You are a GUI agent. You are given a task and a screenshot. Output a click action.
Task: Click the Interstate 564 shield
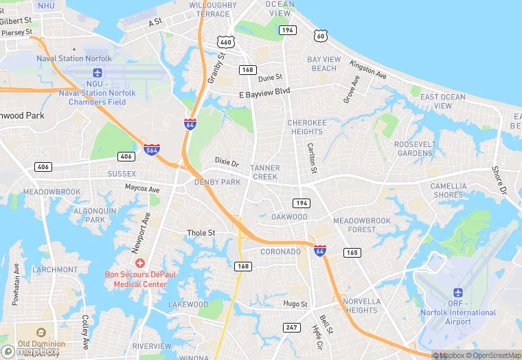[152, 150]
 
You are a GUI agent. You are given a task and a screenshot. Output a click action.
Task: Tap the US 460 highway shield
[227, 42]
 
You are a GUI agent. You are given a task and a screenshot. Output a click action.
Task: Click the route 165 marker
[352, 253]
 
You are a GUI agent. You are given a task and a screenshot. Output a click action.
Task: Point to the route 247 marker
[291, 327]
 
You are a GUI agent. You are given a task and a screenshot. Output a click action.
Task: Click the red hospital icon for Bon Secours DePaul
[140, 263]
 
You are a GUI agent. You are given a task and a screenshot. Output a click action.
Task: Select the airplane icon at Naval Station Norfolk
[97, 72]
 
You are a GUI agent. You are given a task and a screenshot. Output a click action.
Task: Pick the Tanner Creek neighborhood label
[264, 172]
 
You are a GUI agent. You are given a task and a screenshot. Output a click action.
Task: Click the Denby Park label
[218, 182]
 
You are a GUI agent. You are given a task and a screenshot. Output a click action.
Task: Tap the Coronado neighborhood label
[280, 251]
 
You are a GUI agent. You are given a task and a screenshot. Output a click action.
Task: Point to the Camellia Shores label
[449, 190]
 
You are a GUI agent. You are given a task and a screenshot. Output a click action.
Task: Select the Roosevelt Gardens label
[415, 148]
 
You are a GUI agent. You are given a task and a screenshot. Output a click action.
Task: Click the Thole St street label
[201, 233]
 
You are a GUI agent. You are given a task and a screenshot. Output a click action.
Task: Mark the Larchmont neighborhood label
[55, 269]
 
